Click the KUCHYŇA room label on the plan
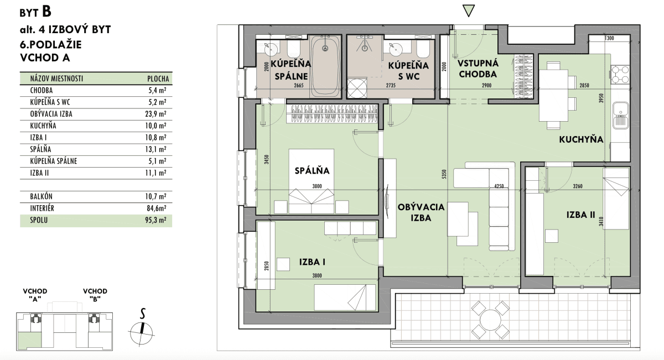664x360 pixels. pyautogui.click(x=581, y=139)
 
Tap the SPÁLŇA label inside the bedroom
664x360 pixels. pyautogui.click(x=312, y=170)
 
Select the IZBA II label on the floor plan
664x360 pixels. pyautogui.click(x=580, y=215)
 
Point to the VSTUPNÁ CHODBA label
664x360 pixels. pyautogui.click(x=478, y=69)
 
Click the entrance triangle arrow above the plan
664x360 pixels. pyautogui.click(x=469, y=11)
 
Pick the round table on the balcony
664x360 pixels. pyautogui.click(x=490, y=320)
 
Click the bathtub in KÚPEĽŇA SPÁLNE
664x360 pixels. pyautogui.click(x=325, y=66)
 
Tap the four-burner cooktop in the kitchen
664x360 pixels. pyautogui.click(x=620, y=75)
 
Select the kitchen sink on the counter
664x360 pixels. pyautogui.click(x=621, y=115)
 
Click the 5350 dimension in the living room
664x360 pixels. pyautogui.click(x=444, y=174)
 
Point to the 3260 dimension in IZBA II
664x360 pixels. pyautogui.click(x=578, y=186)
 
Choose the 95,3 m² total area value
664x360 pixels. pyautogui.click(x=156, y=220)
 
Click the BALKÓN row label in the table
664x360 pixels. pyautogui.click(x=41, y=196)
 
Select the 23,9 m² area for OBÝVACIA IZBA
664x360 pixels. pyautogui.click(x=156, y=114)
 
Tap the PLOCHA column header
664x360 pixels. pyautogui.click(x=158, y=79)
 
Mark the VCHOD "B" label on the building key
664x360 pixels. pyautogui.click(x=95, y=295)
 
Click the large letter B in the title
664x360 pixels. pyautogui.click(x=47, y=11)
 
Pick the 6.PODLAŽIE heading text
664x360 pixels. pyautogui.click(x=51, y=44)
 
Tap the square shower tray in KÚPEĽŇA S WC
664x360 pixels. pyautogui.click(x=357, y=88)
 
